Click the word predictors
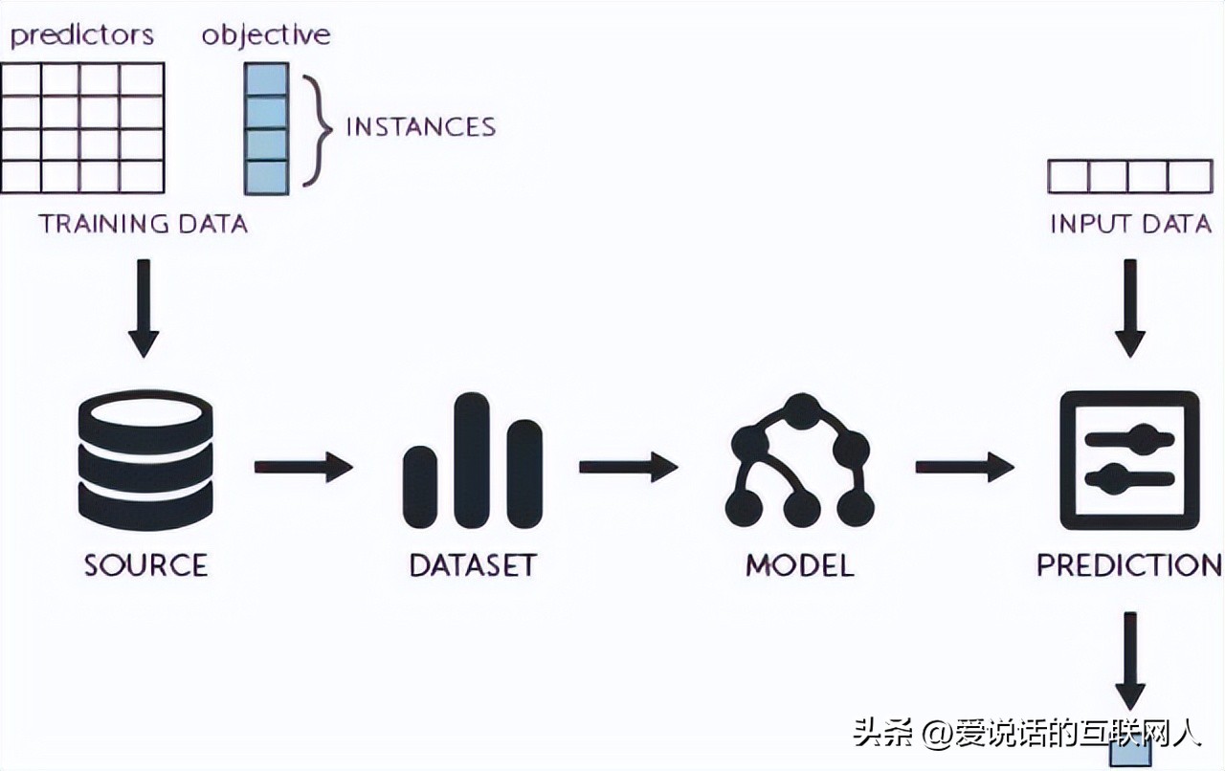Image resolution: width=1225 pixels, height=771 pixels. (81, 35)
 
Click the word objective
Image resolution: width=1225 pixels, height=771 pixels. (265, 35)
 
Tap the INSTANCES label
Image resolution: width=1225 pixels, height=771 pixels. (420, 127)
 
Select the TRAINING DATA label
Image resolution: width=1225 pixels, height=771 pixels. (143, 224)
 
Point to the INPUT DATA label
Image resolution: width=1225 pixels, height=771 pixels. (1130, 224)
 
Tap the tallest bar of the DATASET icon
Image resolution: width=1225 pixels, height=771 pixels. (472, 459)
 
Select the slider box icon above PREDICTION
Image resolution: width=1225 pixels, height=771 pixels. (1129, 460)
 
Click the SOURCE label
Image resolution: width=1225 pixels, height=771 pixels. (145, 564)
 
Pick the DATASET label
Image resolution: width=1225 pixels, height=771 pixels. (472, 564)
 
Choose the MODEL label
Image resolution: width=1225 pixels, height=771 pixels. (799, 564)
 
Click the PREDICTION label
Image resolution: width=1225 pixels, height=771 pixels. (1129, 564)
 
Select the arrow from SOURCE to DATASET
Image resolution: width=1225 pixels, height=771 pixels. (303, 468)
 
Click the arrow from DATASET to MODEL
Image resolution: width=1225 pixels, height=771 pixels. (628, 468)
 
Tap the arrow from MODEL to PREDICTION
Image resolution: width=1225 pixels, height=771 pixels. (965, 468)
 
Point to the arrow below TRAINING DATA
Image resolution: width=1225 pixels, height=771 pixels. (144, 306)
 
